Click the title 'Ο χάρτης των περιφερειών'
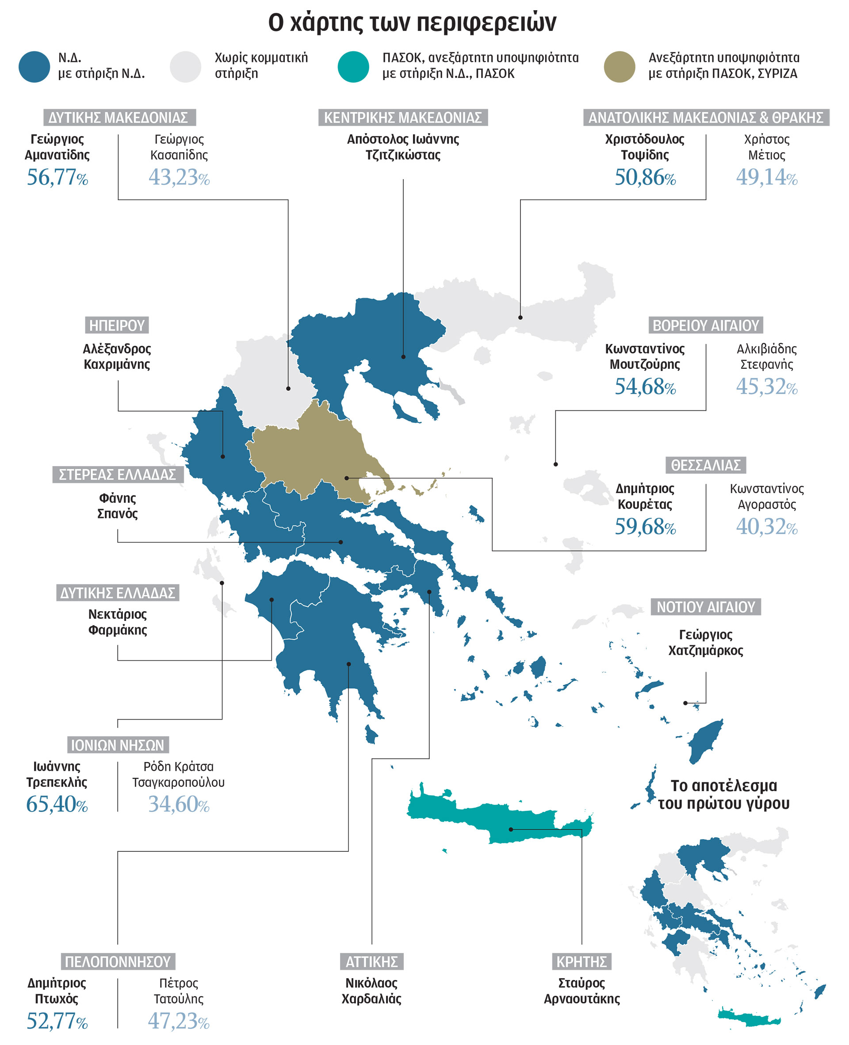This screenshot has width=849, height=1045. pyautogui.click(x=412, y=23)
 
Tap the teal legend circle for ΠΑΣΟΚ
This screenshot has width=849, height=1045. pyautogui.click(x=353, y=66)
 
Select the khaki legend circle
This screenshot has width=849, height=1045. pyautogui.click(x=619, y=66)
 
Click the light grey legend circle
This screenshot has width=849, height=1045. pyautogui.click(x=185, y=66)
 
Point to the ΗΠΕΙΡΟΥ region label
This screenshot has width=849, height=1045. pyautogui.click(x=117, y=325)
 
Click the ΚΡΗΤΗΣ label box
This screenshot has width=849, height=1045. pyautogui.click(x=581, y=961)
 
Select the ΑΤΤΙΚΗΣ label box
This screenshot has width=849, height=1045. pyautogui.click(x=372, y=961)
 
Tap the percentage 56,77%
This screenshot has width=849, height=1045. pyautogui.click(x=57, y=177)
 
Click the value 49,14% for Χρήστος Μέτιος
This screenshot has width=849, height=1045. pyautogui.click(x=766, y=177)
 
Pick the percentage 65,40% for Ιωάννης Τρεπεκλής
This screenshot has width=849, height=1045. pyautogui.click(x=57, y=804)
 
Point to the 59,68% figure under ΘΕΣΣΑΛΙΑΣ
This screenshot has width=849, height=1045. pyautogui.click(x=645, y=527)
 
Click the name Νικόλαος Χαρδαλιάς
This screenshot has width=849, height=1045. pyautogui.click(x=372, y=991)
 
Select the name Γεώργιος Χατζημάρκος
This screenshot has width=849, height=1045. pyautogui.click(x=706, y=643)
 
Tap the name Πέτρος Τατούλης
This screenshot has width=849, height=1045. pyautogui.click(x=179, y=991)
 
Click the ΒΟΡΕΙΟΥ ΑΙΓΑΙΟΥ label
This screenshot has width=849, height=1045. pyautogui.click(x=706, y=325)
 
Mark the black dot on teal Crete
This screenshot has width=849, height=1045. pyautogui.click(x=511, y=829)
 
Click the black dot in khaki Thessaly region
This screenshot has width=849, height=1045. pyautogui.click(x=346, y=478)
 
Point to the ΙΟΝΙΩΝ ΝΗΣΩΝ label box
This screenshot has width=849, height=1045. pyautogui.click(x=118, y=745)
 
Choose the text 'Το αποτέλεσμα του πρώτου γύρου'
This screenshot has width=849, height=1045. pyautogui.click(x=723, y=795)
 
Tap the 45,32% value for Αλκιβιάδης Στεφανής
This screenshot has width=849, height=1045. pyautogui.click(x=766, y=387)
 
